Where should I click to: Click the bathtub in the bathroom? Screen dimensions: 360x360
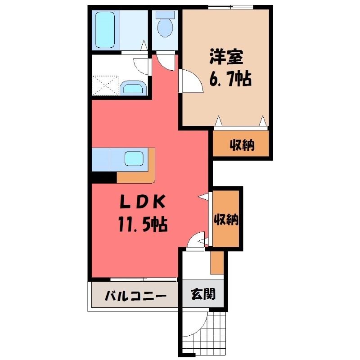105,30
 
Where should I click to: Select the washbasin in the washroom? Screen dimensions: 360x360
133,88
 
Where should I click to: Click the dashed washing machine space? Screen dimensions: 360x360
105,85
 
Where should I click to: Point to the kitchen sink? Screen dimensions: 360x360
134,159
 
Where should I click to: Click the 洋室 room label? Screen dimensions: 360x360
226,57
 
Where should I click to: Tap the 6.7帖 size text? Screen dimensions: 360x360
230,79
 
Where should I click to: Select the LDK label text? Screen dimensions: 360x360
143,202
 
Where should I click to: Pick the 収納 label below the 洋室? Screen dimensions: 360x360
242,145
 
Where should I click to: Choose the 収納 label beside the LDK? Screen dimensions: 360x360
226,220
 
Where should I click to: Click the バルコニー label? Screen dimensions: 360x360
135,296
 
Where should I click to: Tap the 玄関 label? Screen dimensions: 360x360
203,294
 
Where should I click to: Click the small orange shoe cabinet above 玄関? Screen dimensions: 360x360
217,262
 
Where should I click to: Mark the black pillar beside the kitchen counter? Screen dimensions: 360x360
104,177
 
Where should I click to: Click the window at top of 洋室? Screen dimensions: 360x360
231,7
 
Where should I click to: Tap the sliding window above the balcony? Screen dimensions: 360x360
144,279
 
